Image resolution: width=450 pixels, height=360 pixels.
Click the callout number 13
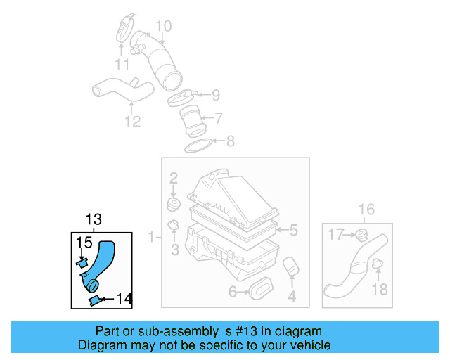pyautogui.click(x=94, y=219)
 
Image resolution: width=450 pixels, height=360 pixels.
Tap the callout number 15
pyautogui.click(x=84, y=243)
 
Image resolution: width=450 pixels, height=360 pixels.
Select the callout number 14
pyautogui.click(x=123, y=298)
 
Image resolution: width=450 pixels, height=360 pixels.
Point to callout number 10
pyautogui.click(x=163, y=27)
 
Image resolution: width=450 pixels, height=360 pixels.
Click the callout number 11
pyautogui.click(x=122, y=65)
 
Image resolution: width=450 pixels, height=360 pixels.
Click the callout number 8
pyautogui.click(x=230, y=141)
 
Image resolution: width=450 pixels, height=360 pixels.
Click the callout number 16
pyautogui.click(x=366, y=209)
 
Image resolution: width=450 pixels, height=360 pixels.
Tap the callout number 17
pyautogui.click(x=336, y=234)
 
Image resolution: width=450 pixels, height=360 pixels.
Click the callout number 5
pyautogui.click(x=294, y=229)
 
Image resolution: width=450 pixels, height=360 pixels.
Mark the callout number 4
pyautogui.click(x=292, y=297)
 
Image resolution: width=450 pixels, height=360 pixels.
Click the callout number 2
pyautogui.click(x=173, y=179)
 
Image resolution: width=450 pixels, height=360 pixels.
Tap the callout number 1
pyautogui.click(x=150, y=238)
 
